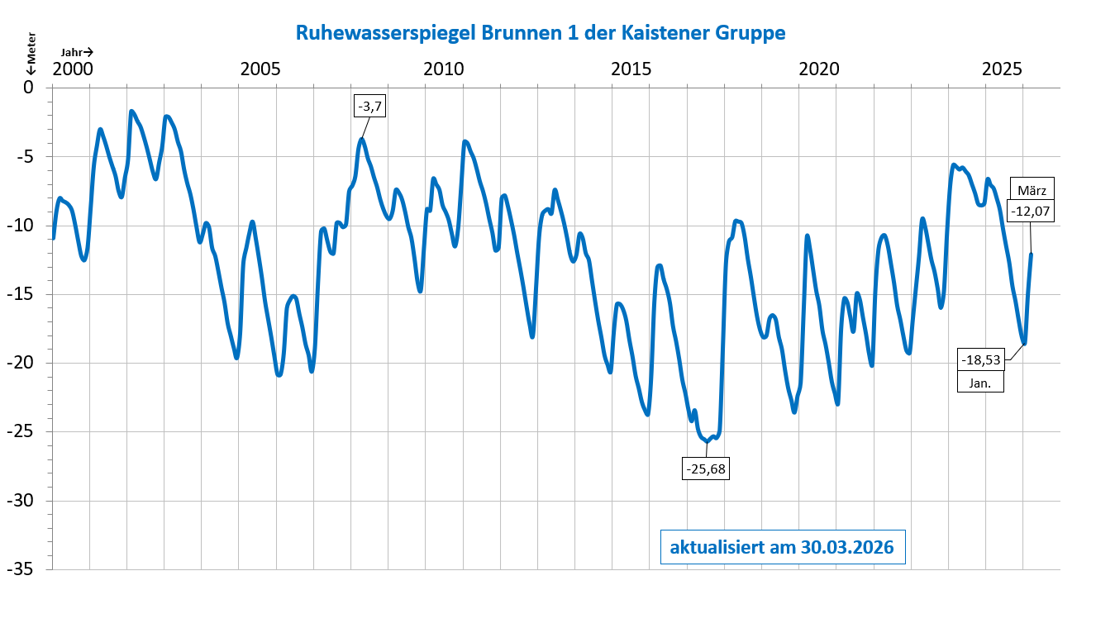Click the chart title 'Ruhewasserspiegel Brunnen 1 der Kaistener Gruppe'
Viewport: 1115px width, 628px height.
pyautogui.click(x=540, y=32)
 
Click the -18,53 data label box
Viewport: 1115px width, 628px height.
pyautogui.click(x=980, y=360)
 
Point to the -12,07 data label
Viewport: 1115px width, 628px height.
pyautogui.click(x=1030, y=212)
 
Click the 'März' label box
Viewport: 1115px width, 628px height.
pyautogui.click(x=1032, y=190)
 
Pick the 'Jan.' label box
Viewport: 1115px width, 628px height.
pyautogui.click(x=980, y=382)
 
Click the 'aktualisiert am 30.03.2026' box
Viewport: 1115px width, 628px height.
pyautogui.click(x=782, y=547)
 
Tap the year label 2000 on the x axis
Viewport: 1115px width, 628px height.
pyautogui.click(x=72, y=69)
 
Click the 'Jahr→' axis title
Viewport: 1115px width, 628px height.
pyautogui.click(x=77, y=52)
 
